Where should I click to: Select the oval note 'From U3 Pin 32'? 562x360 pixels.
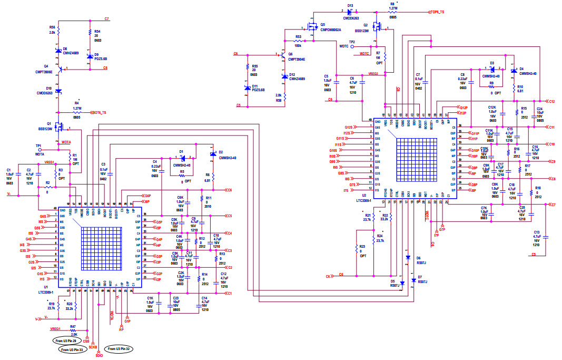click(120, 349)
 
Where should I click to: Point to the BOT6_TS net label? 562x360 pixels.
click(103, 112)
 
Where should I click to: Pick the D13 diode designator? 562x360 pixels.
click(350, 5)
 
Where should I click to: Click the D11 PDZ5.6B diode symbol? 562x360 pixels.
click(247, 88)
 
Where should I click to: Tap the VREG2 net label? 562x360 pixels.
click(373, 74)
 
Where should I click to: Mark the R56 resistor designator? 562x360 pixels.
click(52, 27)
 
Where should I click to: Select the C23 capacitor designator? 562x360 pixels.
click(175, 298)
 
